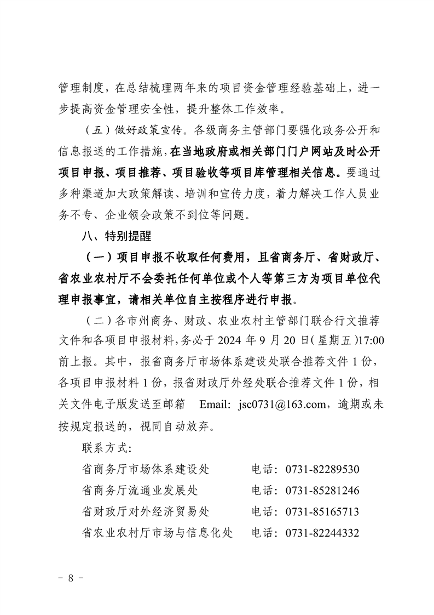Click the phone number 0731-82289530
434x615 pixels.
coord(322,470)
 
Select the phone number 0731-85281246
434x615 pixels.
coord(322,491)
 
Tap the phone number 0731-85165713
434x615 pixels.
coord(322,512)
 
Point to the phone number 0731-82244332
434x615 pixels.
coord(322,533)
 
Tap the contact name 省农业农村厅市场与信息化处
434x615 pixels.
coord(157,533)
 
